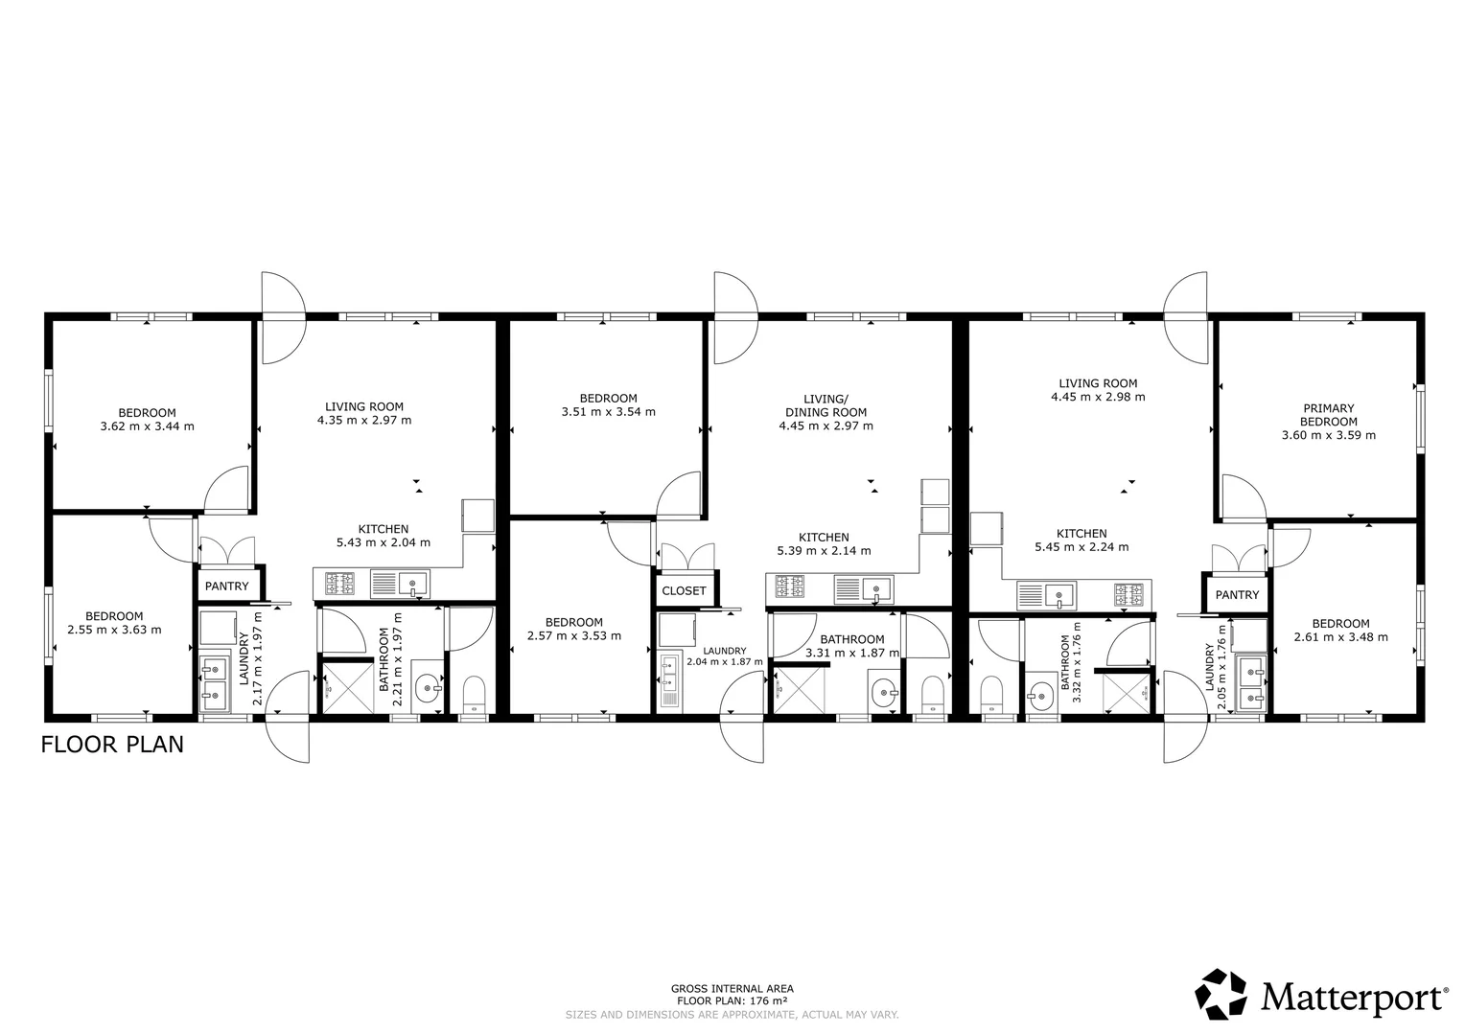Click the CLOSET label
coord(684,591)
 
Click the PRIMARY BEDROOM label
coord(1328,415)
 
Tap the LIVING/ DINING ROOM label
coord(826,405)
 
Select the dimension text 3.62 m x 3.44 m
coord(147,426)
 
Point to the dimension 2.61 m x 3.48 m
coord(1340,637)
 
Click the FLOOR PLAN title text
coord(112,745)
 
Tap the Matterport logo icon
coord(1221,995)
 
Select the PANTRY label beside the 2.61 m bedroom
coord(1237,595)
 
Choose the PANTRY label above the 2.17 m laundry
coord(227,586)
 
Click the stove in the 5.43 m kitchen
coord(339,584)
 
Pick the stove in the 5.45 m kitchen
coord(1129,594)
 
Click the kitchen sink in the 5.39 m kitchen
coord(863,589)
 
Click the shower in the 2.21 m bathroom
coord(347,688)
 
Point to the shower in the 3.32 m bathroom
coord(1127,694)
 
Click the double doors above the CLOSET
coord(688,557)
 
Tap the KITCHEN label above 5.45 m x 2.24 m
coord(1081,534)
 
